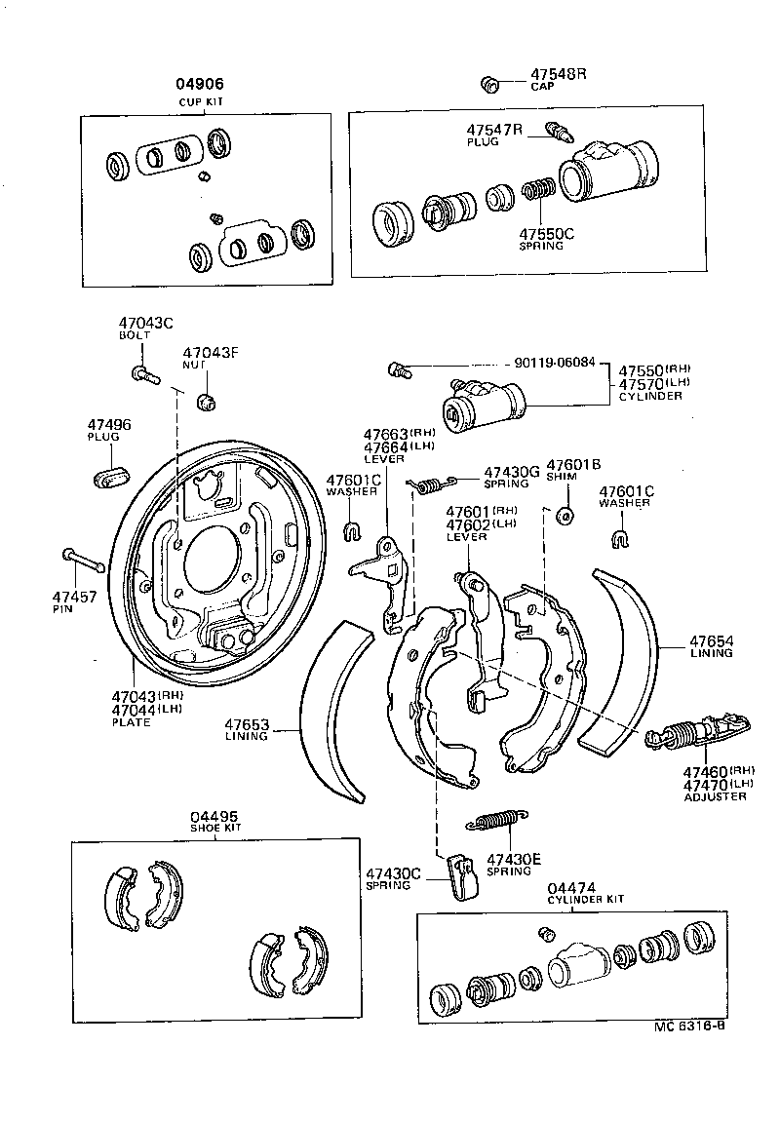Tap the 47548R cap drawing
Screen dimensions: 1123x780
tap(491, 84)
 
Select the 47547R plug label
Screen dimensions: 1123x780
tap(494, 130)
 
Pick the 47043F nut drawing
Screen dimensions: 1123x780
tap(205, 400)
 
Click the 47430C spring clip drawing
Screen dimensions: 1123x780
tap(458, 874)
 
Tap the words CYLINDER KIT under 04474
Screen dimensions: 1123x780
tap(585, 899)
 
